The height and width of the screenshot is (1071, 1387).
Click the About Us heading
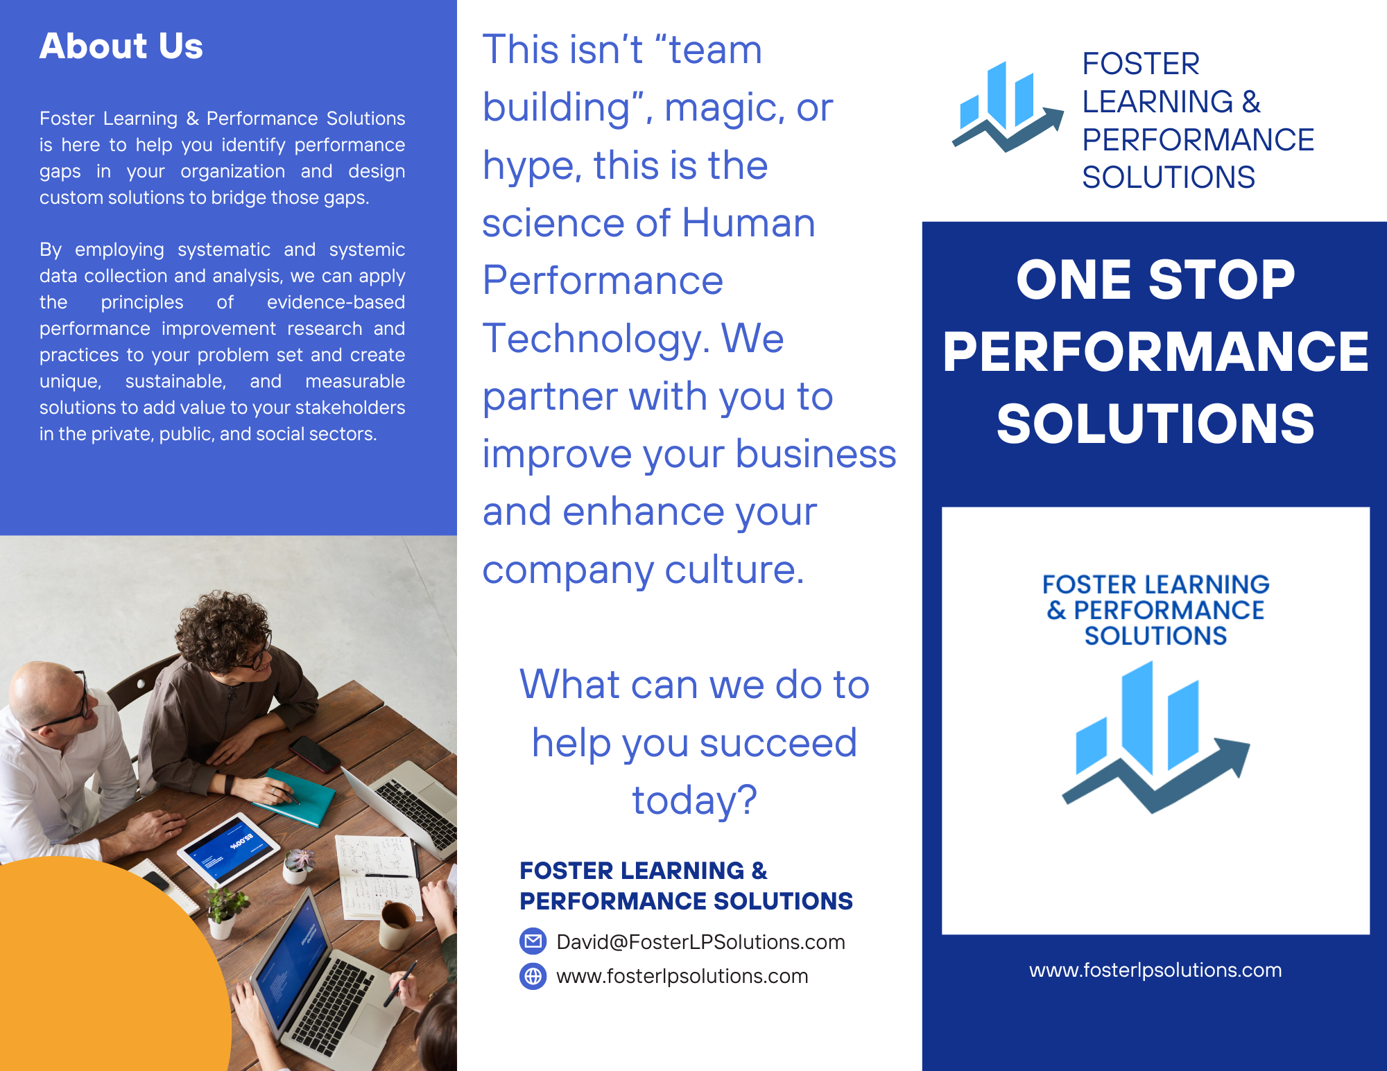coord(121,46)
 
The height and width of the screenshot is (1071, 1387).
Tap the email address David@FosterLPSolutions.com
coord(700,941)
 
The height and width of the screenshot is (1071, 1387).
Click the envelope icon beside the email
coord(533,941)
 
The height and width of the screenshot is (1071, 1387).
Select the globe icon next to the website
coord(533,976)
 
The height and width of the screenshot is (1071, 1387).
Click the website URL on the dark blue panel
coord(1155,970)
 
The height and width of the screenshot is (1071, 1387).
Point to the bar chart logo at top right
coord(1008,106)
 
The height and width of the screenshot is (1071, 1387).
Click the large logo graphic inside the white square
coord(1156,737)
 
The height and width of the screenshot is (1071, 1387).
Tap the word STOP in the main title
coord(1222,280)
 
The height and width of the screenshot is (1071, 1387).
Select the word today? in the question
coord(694,801)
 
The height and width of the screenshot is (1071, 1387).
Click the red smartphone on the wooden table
coord(315,754)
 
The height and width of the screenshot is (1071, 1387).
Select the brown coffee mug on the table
coord(397,925)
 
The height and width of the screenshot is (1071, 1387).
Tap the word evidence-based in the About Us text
coord(336,302)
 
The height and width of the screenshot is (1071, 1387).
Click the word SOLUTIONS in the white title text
coord(1155,424)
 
